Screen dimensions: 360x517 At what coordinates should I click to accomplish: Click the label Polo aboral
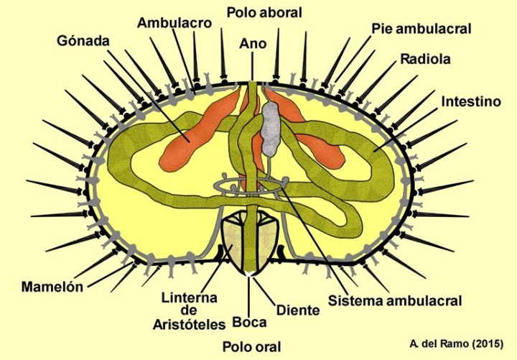coord(264,12)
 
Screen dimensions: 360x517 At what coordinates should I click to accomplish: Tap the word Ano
coord(253,44)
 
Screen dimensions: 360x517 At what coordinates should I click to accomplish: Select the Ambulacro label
coord(174,23)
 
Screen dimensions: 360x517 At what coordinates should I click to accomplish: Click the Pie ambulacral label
coord(421,29)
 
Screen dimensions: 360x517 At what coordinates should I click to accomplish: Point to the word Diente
coord(297,310)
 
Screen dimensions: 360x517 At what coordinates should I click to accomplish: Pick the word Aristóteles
coord(189,324)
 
